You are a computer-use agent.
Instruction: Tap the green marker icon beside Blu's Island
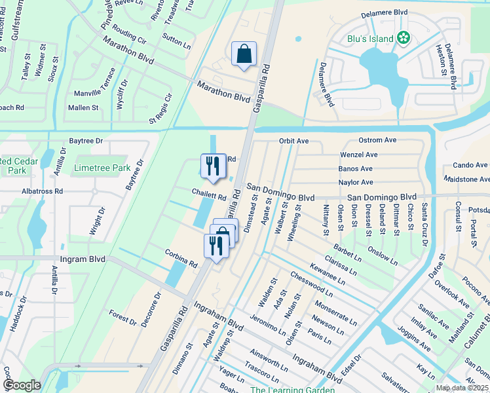click(x=404, y=38)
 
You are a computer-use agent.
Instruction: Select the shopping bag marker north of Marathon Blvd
click(x=244, y=54)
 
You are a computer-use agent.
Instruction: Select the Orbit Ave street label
click(x=293, y=141)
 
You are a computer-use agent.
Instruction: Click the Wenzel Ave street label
click(x=358, y=155)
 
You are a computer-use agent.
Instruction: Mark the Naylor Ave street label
click(x=356, y=182)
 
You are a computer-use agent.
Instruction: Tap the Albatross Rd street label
click(x=41, y=191)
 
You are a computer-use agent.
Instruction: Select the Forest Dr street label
click(x=122, y=318)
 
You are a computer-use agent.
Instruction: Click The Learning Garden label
click(x=292, y=390)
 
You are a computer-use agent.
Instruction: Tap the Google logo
click(x=21, y=385)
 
